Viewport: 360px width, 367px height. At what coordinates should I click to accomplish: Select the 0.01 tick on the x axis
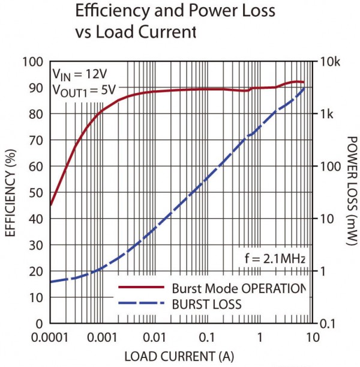point(155,338)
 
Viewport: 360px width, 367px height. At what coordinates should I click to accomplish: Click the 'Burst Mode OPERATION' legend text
point(239,288)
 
